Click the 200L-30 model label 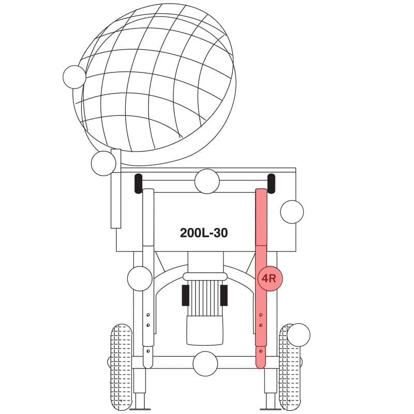[x=203, y=233]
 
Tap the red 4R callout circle [x=270, y=278]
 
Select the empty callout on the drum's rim [x=75, y=77]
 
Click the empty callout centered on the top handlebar [x=207, y=181]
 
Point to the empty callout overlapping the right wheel [x=299, y=335]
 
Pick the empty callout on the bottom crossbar [x=205, y=364]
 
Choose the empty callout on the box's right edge [x=292, y=212]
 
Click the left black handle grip [x=138, y=184]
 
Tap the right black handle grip [x=271, y=184]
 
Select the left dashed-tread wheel [x=121, y=367]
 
